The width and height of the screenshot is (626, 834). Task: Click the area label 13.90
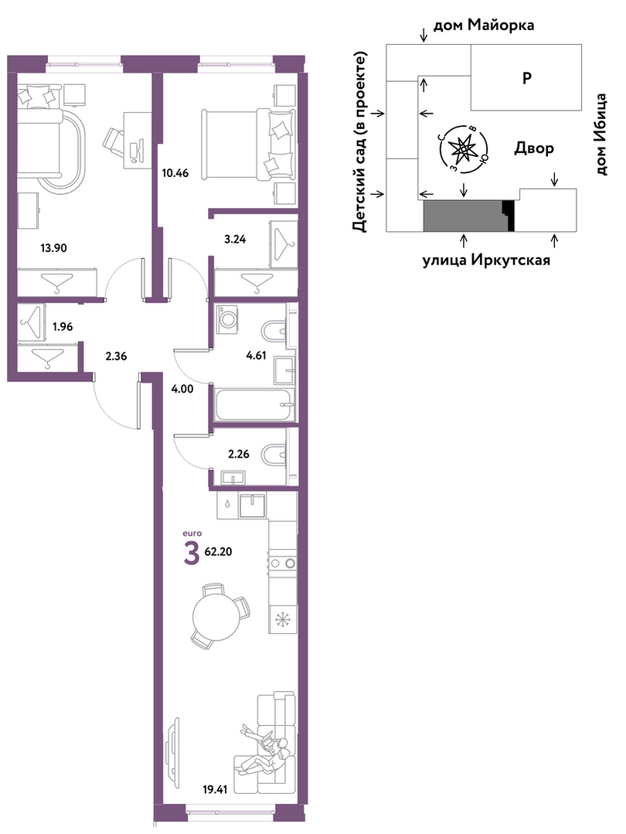coord(54,247)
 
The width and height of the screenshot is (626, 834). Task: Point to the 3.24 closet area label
coord(235,239)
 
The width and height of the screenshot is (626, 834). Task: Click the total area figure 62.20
coord(218,552)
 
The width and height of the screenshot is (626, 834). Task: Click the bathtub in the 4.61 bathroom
coord(255,405)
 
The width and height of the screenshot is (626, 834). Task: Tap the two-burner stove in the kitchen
coord(282,562)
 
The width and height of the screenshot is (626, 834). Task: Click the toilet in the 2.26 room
coord(274,454)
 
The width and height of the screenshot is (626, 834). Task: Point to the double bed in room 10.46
coord(248,143)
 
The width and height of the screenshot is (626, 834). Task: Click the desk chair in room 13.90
coord(114,141)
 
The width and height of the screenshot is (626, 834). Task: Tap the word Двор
coord(534,148)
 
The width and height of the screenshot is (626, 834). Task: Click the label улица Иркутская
coord(486,260)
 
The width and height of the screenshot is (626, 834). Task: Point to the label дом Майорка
coord(484,25)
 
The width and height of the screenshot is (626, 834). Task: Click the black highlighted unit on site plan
coord(509,216)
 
